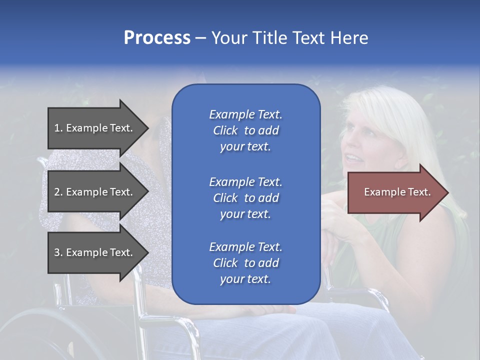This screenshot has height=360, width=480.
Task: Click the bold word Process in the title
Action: point(157,38)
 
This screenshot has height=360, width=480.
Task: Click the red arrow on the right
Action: point(395,192)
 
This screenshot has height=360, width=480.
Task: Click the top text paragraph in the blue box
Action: point(245,130)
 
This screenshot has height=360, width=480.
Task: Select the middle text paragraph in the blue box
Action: point(245,197)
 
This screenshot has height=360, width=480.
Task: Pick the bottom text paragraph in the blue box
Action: point(245,263)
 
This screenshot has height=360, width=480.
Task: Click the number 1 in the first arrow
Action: point(56,128)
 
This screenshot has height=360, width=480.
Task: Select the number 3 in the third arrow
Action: point(56,252)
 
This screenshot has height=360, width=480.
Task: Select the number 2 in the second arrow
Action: point(56,192)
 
